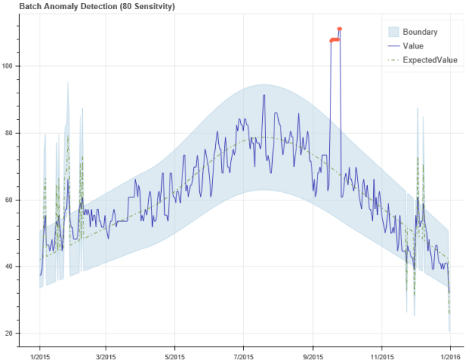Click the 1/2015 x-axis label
[x=40, y=354]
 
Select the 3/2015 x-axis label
[x=107, y=354]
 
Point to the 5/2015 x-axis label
[x=175, y=354]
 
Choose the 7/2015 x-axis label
[x=243, y=354]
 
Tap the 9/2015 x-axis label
[x=313, y=354]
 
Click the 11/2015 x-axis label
[x=382, y=354]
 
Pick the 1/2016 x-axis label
[x=450, y=354]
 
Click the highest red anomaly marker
[x=340, y=29]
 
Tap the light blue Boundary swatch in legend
[x=394, y=32]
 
